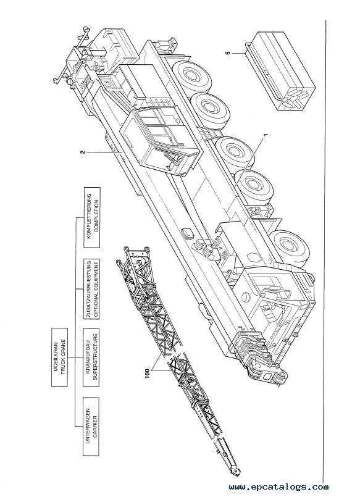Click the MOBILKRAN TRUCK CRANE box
pos(59,357)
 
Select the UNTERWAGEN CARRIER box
pos(91,427)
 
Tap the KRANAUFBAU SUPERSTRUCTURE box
pos(91,357)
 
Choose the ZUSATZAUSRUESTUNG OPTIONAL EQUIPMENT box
pos(91,288)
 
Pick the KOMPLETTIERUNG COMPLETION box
pos(91,217)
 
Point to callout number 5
pos(228,53)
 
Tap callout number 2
pos(82,152)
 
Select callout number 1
pos(266,135)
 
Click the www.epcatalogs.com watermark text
pos(278,487)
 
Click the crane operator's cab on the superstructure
pos(159,140)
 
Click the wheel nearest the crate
pos(193,75)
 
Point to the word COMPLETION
pos(96,217)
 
